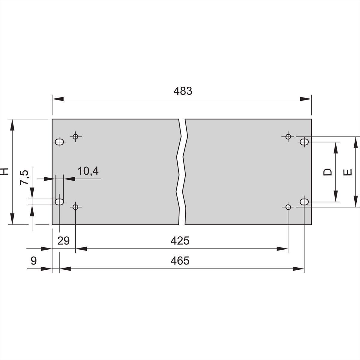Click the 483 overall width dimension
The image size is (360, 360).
pos(182,91)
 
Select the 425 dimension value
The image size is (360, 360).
pos(180,241)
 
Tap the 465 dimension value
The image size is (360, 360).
pos(180,261)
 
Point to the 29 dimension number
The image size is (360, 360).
pos(64,241)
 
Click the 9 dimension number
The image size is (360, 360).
pos(34,261)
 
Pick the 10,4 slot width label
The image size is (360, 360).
pos(88,171)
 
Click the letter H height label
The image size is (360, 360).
pos(5,171)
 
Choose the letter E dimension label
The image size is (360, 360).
pos(348,172)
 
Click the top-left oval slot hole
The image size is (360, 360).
pos(60,142)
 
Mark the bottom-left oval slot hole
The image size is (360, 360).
pos(59,201)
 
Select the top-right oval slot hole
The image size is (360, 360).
pos(304,142)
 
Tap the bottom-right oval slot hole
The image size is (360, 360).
pos(304,202)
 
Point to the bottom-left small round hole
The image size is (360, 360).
pos(75,207)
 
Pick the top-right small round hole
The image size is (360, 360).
pos(288,137)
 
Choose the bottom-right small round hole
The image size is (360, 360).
pos(288,207)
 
